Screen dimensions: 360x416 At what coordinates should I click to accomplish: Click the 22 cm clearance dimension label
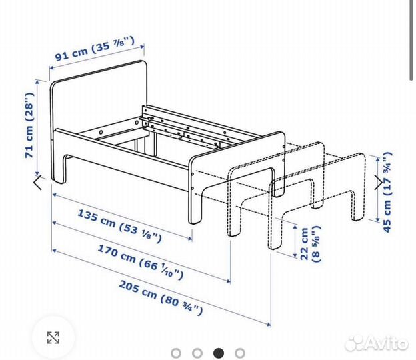[x=307, y=245]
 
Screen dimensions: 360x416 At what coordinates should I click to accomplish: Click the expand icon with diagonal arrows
[x=53, y=337]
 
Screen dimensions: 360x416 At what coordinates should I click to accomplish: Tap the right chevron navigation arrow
[x=381, y=181]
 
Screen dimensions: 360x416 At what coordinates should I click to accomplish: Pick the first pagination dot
[x=175, y=353]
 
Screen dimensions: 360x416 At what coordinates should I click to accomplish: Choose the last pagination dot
[x=240, y=353]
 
